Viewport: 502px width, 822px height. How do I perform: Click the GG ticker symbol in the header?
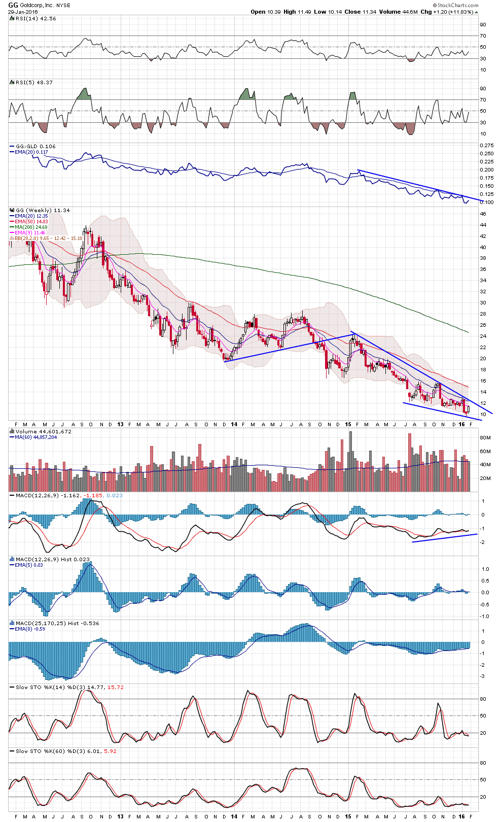click(x=13, y=5)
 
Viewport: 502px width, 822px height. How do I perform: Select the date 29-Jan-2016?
click(x=23, y=12)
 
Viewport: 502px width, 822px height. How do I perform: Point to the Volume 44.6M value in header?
click(x=390, y=12)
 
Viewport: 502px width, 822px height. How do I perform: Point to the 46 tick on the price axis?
click(x=483, y=214)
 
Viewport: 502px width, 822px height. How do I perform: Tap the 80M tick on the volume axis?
click(x=485, y=437)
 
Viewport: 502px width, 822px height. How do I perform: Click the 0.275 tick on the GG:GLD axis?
click(x=486, y=145)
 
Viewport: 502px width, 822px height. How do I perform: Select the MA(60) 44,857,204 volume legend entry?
click(x=35, y=437)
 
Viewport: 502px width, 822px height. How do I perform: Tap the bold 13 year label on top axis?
click(x=120, y=424)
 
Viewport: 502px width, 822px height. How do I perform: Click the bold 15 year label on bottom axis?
click(x=348, y=816)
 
